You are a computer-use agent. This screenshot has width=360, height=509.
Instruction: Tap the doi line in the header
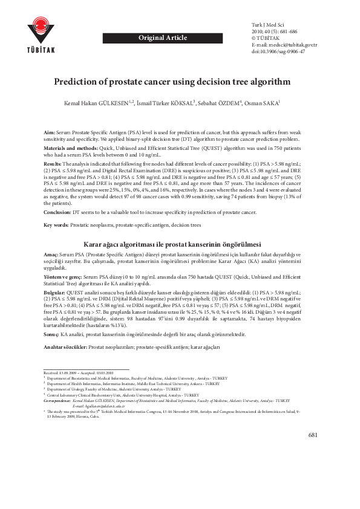pyautogui.click(x=278, y=52)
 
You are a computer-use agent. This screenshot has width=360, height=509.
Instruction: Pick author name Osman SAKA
pyautogui.click(x=261, y=103)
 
